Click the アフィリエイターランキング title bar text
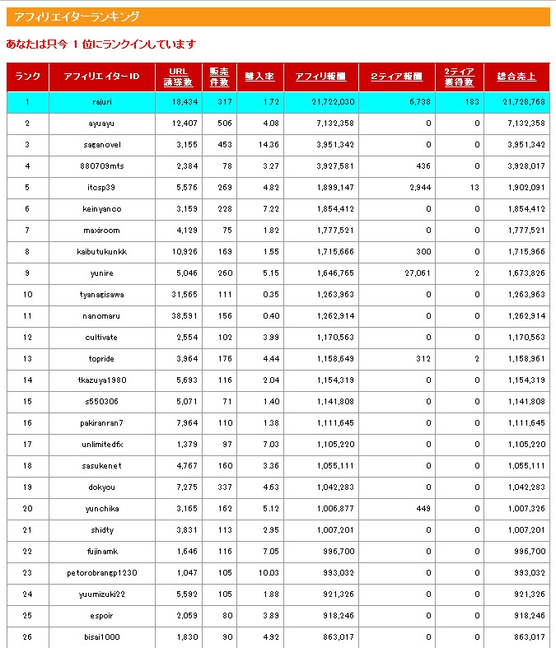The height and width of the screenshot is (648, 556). (77, 16)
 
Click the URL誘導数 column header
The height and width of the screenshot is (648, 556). (178, 77)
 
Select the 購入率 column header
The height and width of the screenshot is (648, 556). (259, 77)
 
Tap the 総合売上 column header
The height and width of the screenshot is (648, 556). (516, 77)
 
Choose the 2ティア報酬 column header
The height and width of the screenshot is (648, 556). (396, 77)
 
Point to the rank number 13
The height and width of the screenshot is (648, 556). (27, 358)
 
